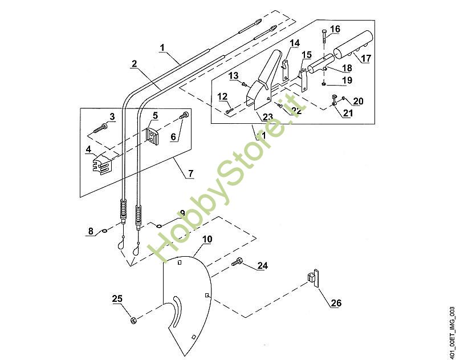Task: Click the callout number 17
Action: click(x=365, y=58)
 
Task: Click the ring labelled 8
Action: click(x=105, y=232)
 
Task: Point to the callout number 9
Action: click(x=182, y=213)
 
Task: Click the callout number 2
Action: click(x=134, y=64)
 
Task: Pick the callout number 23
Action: click(x=267, y=116)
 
